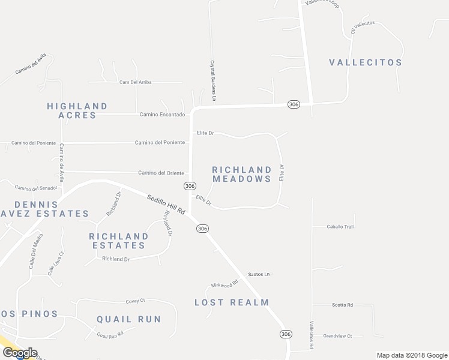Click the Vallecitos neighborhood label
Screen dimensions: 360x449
pyautogui.click(x=366, y=62)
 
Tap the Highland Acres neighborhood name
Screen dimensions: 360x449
pyautogui.click(x=77, y=110)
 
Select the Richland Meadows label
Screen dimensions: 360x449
pyautogui.click(x=242, y=175)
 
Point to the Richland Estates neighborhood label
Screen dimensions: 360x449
pyautogui.click(x=118, y=241)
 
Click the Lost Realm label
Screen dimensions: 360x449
pyautogui.click(x=232, y=302)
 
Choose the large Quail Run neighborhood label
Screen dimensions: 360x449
pyautogui.click(x=129, y=319)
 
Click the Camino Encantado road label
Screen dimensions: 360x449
pyautogui.click(x=162, y=114)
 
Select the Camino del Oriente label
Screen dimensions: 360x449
pyautogui.click(x=161, y=173)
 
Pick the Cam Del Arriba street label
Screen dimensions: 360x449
pyautogui.click(x=136, y=82)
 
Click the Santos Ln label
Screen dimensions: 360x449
pyautogui.click(x=259, y=274)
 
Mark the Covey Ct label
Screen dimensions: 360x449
pyautogui.click(x=136, y=301)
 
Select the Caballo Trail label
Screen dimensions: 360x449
pyautogui.click(x=340, y=227)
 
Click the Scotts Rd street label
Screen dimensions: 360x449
pyautogui.click(x=342, y=305)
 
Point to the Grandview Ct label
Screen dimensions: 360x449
pyautogui.click(x=337, y=336)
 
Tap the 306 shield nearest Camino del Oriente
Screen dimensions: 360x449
pyautogui.click(x=190, y=186)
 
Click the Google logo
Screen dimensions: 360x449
pyautogui.click(x=19, y=353)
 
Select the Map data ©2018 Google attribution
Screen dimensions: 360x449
pyautogui.click(x=411, y=355)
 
